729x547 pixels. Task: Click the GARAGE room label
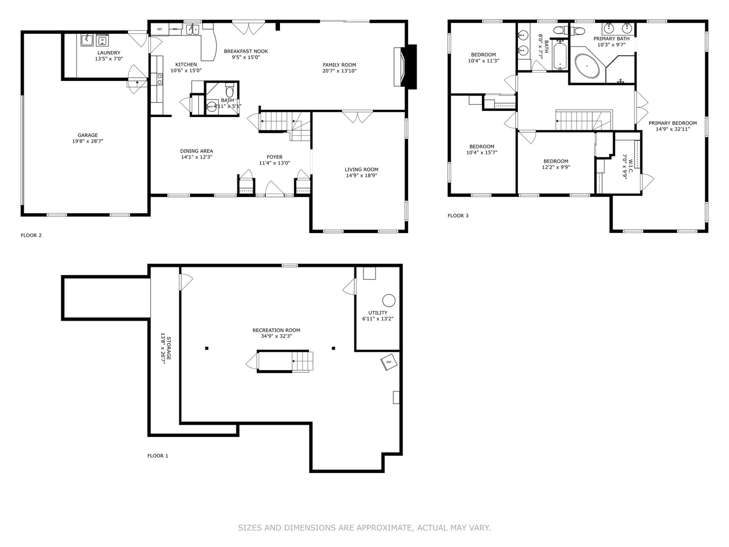(88, 135)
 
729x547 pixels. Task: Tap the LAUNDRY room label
(109, 53)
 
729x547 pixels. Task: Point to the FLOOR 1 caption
(157, 456)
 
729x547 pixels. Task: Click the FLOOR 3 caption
(458, 216)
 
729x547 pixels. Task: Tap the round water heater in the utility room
(388, 300)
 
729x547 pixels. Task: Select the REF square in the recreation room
(389, 363)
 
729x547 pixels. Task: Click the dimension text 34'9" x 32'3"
(276, 336)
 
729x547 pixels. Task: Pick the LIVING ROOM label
(361, 170)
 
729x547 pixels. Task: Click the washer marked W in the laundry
(102, 40)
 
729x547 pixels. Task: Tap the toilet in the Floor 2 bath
(229, 92)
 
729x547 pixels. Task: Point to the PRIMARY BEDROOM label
(672, 123)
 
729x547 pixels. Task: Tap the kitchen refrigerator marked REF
(160, 29)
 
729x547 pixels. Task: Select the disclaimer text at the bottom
(364, 528)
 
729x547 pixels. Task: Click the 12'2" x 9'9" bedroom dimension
(556, 167)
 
